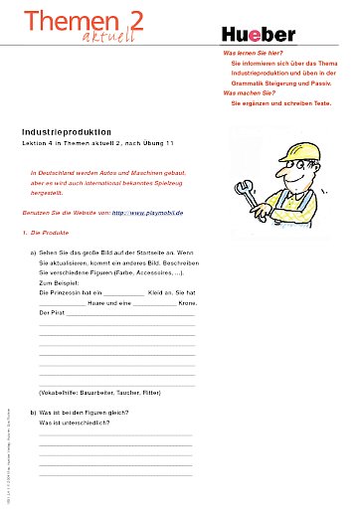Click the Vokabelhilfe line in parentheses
(x=97, y=393)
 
